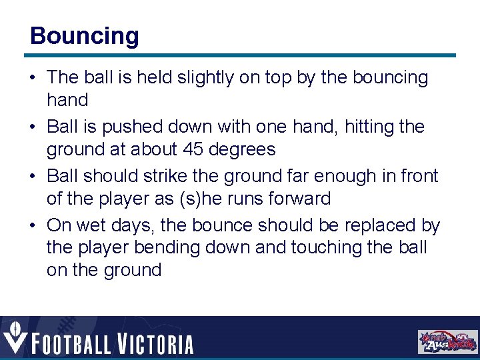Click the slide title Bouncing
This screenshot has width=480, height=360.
85,36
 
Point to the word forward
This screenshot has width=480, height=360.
299,198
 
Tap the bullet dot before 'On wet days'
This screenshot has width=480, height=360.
33,226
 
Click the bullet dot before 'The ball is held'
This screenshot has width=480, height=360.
33,78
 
